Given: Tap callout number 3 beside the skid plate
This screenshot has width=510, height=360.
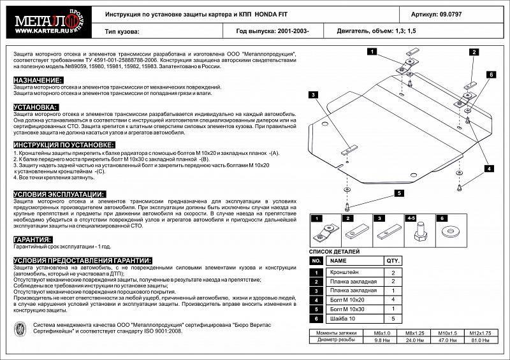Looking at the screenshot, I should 314,95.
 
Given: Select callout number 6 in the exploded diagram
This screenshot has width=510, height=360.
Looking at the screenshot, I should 492,75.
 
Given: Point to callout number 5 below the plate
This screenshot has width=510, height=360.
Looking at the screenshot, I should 397,193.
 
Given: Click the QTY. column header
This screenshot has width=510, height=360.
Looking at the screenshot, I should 392,261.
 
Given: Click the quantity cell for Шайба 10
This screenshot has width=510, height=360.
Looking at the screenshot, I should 392,317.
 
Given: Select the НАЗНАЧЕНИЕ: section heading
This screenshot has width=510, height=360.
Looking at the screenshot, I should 38,80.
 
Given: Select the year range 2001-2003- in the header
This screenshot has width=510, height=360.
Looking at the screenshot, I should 298,31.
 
